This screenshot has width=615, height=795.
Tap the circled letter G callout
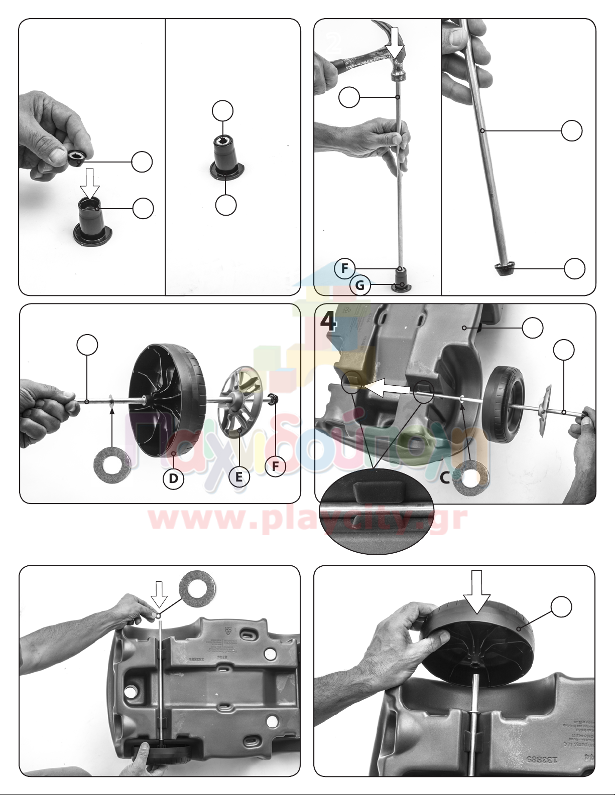pyautogui.click(x=360, y=285)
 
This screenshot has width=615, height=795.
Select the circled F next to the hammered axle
pyautogui.click(x=345, y=268)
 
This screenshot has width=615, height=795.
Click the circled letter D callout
pyautogui.click(x=173, y=478)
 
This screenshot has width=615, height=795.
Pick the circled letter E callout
pyautogui.click(x=239, y=476)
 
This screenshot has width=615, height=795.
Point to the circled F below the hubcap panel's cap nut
pyautogui.click(x=275, y=466)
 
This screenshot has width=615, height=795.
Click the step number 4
pyautogui.click(x=329, y=322)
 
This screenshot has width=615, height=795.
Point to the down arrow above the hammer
pyautogui.click(x=396, y=42)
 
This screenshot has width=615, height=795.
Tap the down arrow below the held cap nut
pyautogui.click(x=90, y=183)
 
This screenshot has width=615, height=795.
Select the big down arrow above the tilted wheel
pyautogui.click(x=476, y=591)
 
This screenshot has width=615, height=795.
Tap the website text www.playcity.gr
pyautogui.click(x=308, y=519)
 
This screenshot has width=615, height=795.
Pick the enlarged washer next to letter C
pyautogui.click(x=470, y=479)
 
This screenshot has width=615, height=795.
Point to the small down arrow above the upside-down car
pyautogui.click(x=159, y=594)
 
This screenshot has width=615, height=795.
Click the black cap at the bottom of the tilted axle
pyautogui.click(x=505, y=268)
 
